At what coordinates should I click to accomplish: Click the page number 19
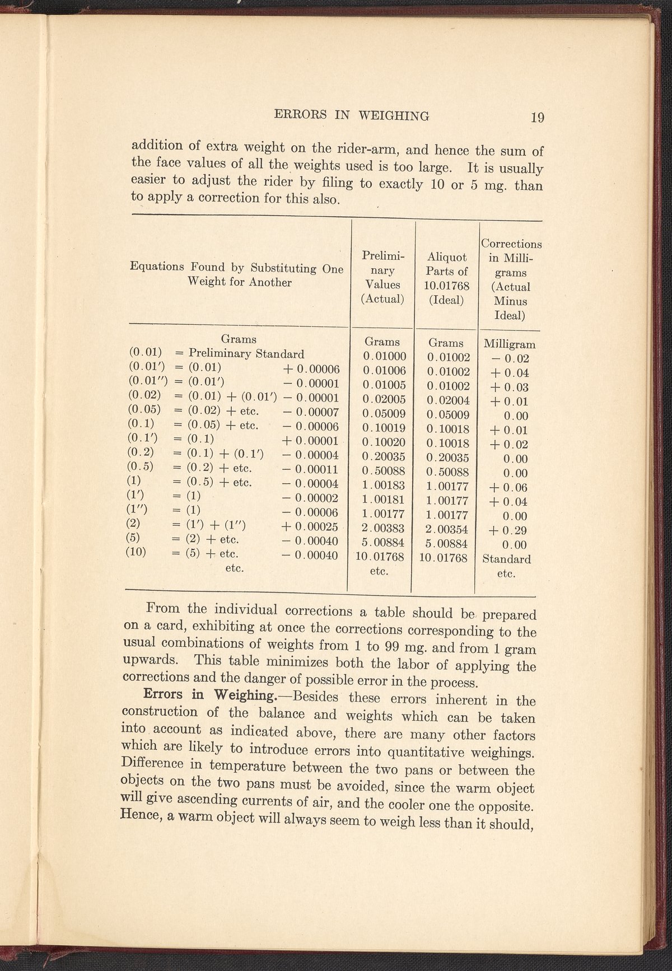pyautogui.click(x=538, y=118)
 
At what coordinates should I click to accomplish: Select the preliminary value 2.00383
pyautogui.click(x=383, y=528)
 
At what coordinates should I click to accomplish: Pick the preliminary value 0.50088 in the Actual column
pyautogui.click(x=383, y=470)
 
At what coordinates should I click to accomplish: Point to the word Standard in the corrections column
pyautogui.click(x=507, y=559)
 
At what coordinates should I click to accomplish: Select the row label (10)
pyautogui.click(x=138, y=553)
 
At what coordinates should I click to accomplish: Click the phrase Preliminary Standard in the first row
pyautogui.click(x=246, y=354)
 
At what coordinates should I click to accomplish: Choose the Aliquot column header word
pyautogui.click(x=447, y=256)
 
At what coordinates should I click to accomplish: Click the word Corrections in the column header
pyautogui.click(x=511, y=244)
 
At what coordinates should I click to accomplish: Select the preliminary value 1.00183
pyautogui.click(x=383, y=485)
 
